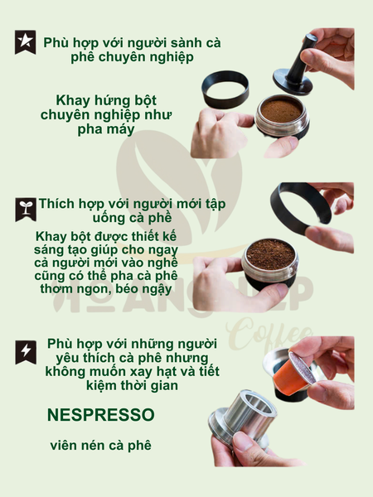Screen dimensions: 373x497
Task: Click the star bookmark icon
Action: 25,42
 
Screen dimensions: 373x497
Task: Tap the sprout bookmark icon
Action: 26,210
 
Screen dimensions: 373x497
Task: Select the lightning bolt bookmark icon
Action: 26,352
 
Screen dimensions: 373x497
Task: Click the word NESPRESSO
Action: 101,415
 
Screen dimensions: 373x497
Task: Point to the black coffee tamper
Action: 295,67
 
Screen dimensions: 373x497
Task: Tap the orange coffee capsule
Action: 293,373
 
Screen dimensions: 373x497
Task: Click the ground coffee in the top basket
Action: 281,109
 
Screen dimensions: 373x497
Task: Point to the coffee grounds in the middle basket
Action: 270,254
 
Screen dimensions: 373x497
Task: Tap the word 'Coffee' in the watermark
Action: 269,335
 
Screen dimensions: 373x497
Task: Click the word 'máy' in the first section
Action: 122,129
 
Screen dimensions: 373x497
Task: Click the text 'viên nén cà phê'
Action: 100,446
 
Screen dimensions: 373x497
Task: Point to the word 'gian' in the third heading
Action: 164,385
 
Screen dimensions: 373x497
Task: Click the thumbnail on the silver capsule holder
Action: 243,442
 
